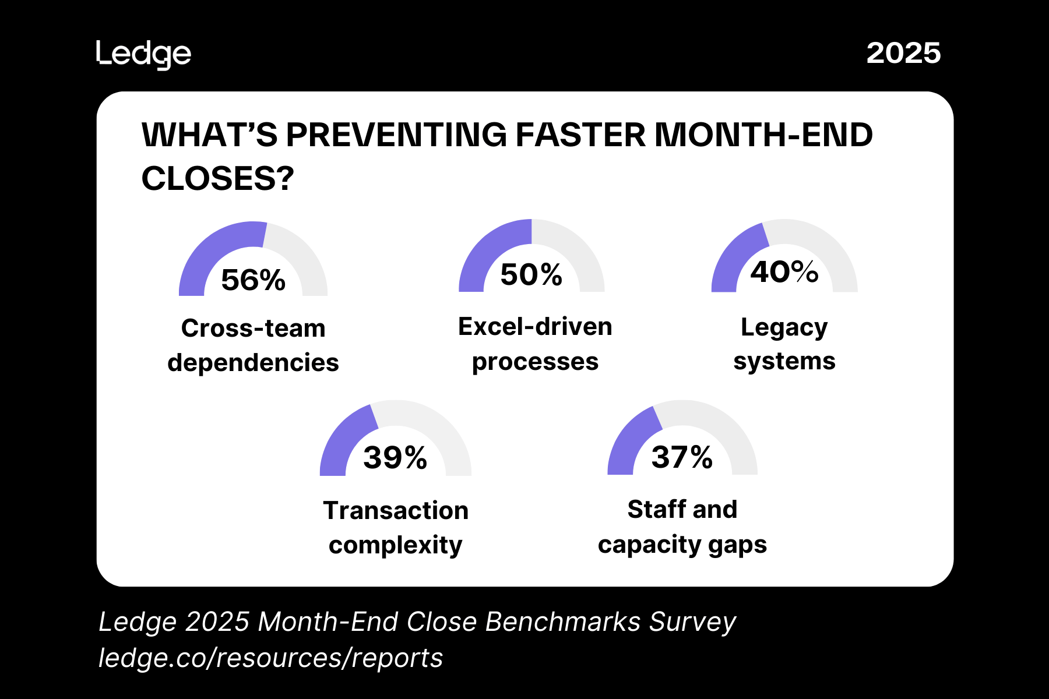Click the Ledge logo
tap(143, 55)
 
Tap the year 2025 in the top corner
tap(903, 53)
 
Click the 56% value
tap(253, 280)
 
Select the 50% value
tap(531, 274)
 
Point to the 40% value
tap(784, 271)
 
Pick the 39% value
tap(395, 457)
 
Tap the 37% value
tap(682, 457)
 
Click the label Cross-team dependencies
tap(253, 345)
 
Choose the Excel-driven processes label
tap(535, 344)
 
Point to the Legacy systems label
tap(784, 344)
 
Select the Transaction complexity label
tap(396, 528)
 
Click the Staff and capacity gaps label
tap(682, 527)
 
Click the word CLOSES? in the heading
tap(217, 178)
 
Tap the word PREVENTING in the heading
tap(396, 135)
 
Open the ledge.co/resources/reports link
tap(270, 658)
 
